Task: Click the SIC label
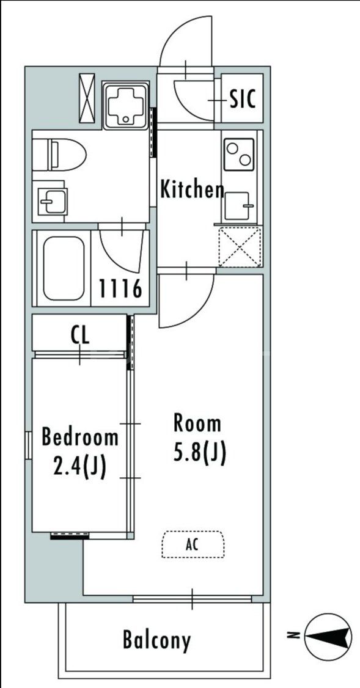[243, 99]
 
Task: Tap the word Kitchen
[192, 189]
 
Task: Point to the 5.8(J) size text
[200, 453]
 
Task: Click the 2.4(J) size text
[79, 467]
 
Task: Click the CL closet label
[80, 335]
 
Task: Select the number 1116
[120, 288]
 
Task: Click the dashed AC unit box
[193, 544]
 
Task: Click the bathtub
[64, 268]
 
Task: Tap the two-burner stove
[239, 154]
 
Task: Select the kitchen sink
[238, 205]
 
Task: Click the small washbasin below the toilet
[52, 201]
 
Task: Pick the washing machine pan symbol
[125, 105]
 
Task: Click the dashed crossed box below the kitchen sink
[240, 246]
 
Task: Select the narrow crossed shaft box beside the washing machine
[87, 98]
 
